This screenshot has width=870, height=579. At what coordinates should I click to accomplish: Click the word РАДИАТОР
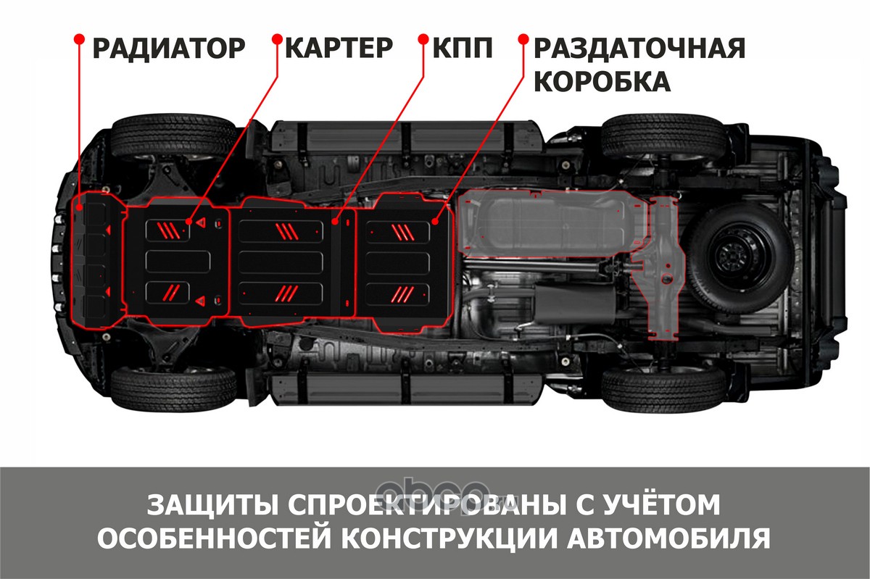[168, 49]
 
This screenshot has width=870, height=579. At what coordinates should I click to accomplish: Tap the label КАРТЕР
[339, 48]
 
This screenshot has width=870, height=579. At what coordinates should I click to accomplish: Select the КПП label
[463, 48]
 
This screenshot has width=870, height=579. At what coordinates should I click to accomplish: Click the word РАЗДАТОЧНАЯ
[639, 48]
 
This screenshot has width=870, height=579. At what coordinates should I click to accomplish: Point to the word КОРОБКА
[602, 82]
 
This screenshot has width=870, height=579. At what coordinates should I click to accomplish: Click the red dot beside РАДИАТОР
[79, 39]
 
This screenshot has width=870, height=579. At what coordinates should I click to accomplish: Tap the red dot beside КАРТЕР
[277, 39]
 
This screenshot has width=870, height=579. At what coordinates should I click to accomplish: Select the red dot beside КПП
[423, 39]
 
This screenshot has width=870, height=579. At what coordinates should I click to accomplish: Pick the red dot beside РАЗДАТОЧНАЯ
[523, 39]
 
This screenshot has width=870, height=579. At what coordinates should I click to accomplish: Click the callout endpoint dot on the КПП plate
[335, 222]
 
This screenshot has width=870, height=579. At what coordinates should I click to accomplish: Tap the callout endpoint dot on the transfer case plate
[435, 222]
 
